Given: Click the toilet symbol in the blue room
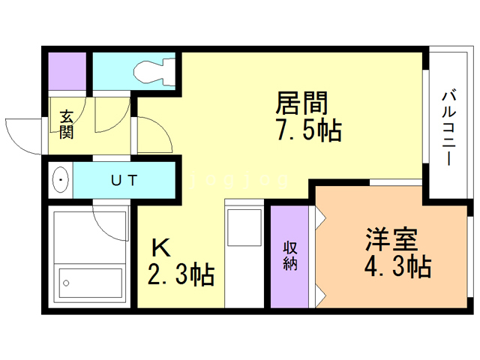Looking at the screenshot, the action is pyautogui.click(x=154, y=72).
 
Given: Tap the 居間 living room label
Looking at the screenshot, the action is pyautogui.click(x=301, y=103).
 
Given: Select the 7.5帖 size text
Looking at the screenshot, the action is pyautogui.click(x=309, y=130).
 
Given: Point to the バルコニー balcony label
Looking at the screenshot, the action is pyautogui.click(x=448, y=128).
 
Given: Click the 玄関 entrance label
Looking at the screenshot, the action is pyautogui.click(x=67, y=124).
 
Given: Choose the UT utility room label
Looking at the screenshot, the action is pyautogui.click(x=124, y=180).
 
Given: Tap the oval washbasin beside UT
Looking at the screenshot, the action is pyautogui.click(x=61, y=180).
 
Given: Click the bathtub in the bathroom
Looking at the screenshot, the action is pyautogui.click(x=90, y=283).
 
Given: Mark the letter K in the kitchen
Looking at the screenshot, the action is pyautogui.click(x=160, y=247).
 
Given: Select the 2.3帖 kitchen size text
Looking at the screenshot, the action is pyautogui.click(x=181, y=274).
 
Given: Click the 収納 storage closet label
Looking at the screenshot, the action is pyautogui.click(x=290, y=256).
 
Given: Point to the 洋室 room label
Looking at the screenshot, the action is pyautogui.click(x=391, y=238).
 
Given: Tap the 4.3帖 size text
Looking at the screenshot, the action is pyautogui.click(x=397, y=266).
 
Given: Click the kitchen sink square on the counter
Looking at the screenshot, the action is pyautogui.click(x=244, y=227).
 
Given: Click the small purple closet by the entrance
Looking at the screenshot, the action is pyautogui.click(x=67, y=71).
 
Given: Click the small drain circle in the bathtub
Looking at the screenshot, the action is pyautogui.click(x=66, y=283).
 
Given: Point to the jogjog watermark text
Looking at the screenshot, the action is pyautogui.click(x=238, y=181).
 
